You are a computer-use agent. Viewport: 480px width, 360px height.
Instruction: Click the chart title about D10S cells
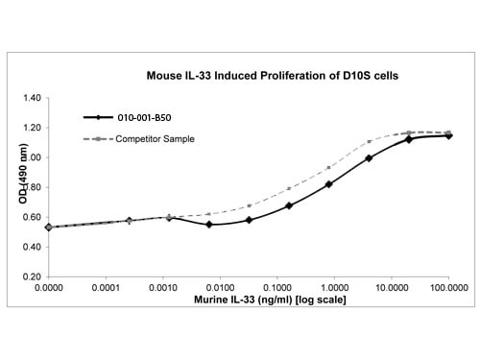click(x=273, y=76)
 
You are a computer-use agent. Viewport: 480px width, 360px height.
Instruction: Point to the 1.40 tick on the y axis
click(x=32, y=98)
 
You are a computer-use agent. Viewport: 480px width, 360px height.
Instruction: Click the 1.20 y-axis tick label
click(x=32, y=128)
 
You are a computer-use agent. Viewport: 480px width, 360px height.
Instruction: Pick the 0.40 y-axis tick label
click(x=32, y=247)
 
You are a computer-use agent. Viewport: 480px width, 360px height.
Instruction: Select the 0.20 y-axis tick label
click(x=32, y=276)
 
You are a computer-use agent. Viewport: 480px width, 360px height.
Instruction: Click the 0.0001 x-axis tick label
click(x=106, y=288)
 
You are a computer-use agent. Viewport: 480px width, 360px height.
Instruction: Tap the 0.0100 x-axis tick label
click(x=220, y=288)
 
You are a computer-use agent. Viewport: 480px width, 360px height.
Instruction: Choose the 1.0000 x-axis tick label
click(x=334, y=288)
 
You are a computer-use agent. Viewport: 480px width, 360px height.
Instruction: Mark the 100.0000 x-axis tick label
click(x=449, y=288)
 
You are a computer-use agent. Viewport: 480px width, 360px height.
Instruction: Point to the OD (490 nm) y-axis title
click(x=23, y=174)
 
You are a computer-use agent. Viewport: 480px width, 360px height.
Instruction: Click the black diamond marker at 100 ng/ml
click(x=449, y=136)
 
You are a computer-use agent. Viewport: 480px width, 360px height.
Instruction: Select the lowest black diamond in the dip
click(x=209, y=225)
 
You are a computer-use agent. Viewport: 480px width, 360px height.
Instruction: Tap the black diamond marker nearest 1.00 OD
click(x=369, y=158)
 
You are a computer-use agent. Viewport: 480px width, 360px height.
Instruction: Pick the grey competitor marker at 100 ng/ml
click(x=449, y=132)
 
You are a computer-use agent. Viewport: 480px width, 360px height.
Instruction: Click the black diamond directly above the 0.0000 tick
click(x=49, y=228)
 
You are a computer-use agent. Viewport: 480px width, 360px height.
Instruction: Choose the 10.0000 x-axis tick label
click(x=392, y=288)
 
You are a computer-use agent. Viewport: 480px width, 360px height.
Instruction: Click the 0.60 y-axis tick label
click(x=32, y=217)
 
